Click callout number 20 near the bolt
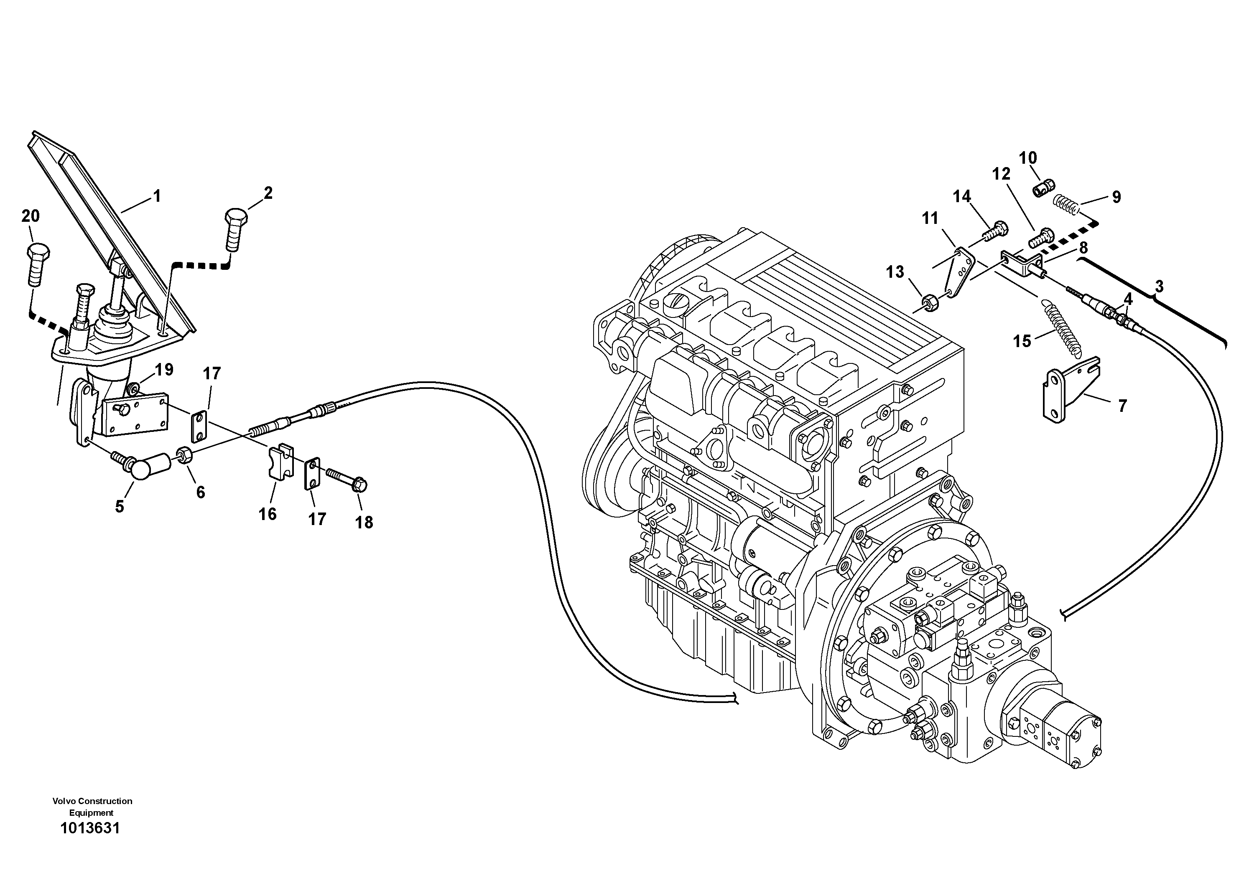[31, 216]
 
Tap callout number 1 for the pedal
[157, 196]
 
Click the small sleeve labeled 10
[1043, 188]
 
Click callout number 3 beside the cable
[1159, 286]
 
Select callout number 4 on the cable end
[1127, 299]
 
